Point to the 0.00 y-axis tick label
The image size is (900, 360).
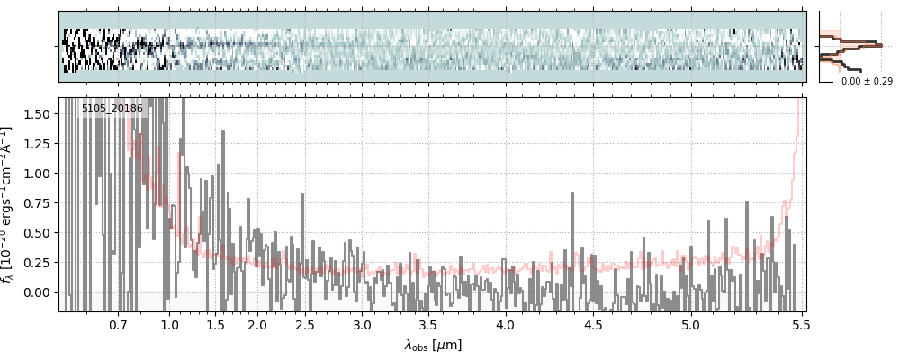pyautogui.click(x=40, y=292)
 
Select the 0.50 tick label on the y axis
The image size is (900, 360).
pyautogui.click(x=40, y=233)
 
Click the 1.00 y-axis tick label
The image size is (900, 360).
pyautogui.click(x=40, y=174)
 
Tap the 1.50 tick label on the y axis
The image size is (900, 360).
pyautogui.click(x=40, y=114)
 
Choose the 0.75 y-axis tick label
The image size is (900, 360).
pyautogui.click(x=40, y=203)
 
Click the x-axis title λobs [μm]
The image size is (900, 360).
pyautogui.click(x=432, y=345)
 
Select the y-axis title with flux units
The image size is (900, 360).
pyautogui.click(x=11, y=204)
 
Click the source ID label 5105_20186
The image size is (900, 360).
pyautogui.click(x=112, y=109)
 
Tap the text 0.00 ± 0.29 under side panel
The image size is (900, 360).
pyautogui.click(x=867, y=81)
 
